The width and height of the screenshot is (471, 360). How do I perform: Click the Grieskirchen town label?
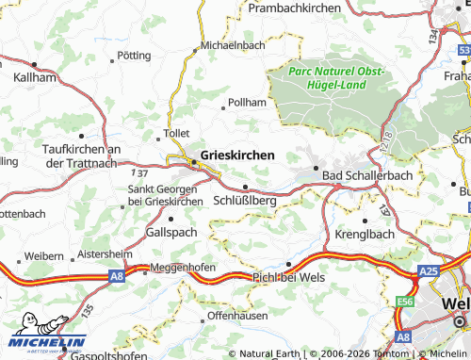point(238,154)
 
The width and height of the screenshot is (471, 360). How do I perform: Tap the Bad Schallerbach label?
point(363,175)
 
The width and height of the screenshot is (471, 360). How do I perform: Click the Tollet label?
point(177,135)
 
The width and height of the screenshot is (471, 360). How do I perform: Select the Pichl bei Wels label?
point(287,276)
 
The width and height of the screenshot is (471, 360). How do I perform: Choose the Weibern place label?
point(43,256)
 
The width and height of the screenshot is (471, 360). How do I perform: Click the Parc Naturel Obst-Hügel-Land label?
point(328,77)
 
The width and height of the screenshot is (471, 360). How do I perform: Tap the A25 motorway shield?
point(429,271)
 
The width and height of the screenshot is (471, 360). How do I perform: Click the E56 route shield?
point(406,301)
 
